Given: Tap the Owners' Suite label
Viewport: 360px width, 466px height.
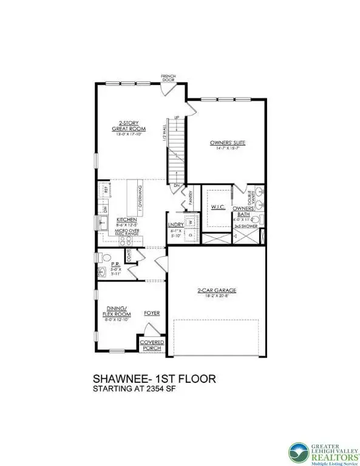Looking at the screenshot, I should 228,143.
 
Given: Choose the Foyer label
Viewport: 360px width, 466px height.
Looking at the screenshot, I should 151,313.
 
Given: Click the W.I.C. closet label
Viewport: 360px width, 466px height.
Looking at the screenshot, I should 219,207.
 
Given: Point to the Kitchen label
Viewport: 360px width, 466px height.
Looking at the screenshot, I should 126,219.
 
